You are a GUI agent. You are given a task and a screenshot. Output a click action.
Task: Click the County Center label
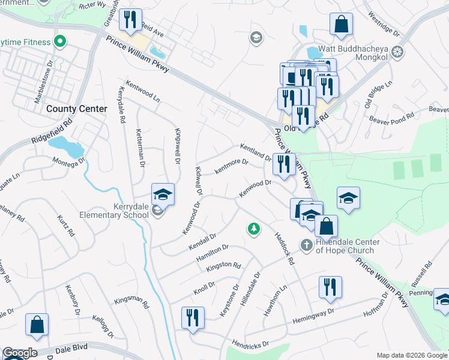[77, 109]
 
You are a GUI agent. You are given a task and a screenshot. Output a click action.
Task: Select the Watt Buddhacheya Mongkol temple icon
[396, 52]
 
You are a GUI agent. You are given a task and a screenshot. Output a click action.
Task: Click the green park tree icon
[254, 228]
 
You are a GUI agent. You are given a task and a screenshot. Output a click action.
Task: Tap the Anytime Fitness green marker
[59, 42]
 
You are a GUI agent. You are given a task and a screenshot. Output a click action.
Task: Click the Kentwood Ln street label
[142, 91]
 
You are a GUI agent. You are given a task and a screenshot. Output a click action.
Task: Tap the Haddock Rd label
[283, 248]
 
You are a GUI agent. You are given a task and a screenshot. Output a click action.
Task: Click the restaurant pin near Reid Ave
[129, 20]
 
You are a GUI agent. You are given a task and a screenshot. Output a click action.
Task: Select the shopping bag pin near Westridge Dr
[341, 24]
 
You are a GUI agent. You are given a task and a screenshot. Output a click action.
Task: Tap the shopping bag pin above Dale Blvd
[37, 324]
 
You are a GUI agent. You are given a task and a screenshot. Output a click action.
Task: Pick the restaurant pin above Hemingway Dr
[330, 287]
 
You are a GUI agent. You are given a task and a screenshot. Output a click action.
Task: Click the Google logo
[20, 353]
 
